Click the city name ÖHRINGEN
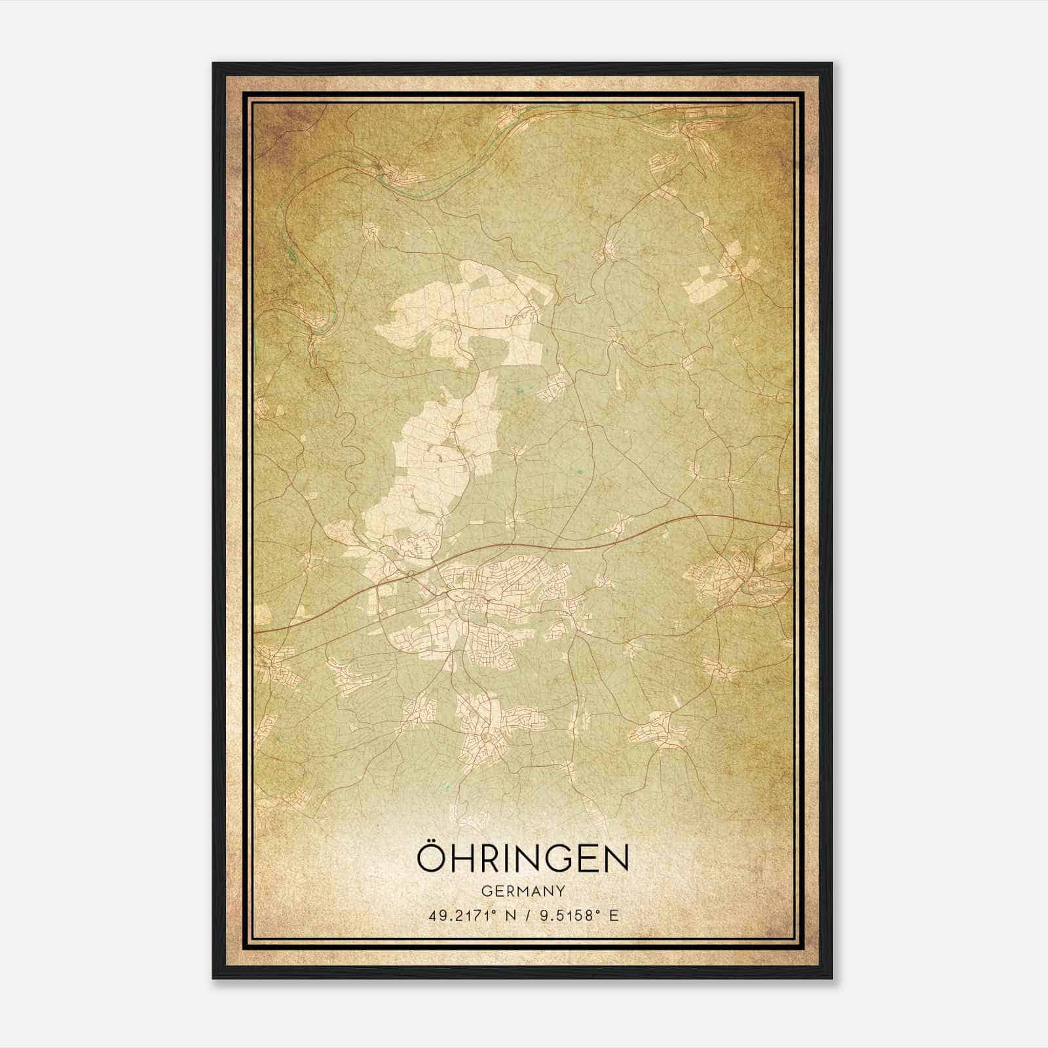click(x=523, y=859)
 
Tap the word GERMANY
click(x=523, y=891)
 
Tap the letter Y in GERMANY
click(x=561, y=891)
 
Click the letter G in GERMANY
click(x=485, y=891)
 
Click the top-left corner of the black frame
click(x=214, y=64)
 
